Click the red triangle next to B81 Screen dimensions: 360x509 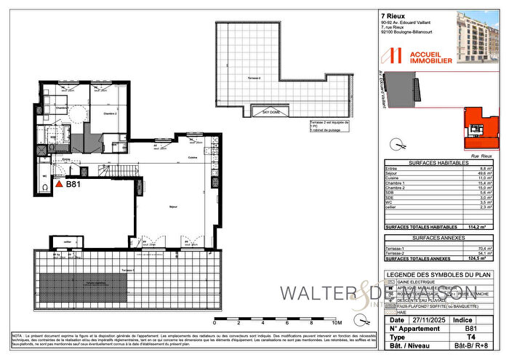(60, 185)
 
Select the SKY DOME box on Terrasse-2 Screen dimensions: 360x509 (270, 111)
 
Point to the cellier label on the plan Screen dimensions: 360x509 (67, 241)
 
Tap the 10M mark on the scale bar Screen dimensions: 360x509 (336, 321)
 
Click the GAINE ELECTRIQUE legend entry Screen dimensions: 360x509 (421, 283)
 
